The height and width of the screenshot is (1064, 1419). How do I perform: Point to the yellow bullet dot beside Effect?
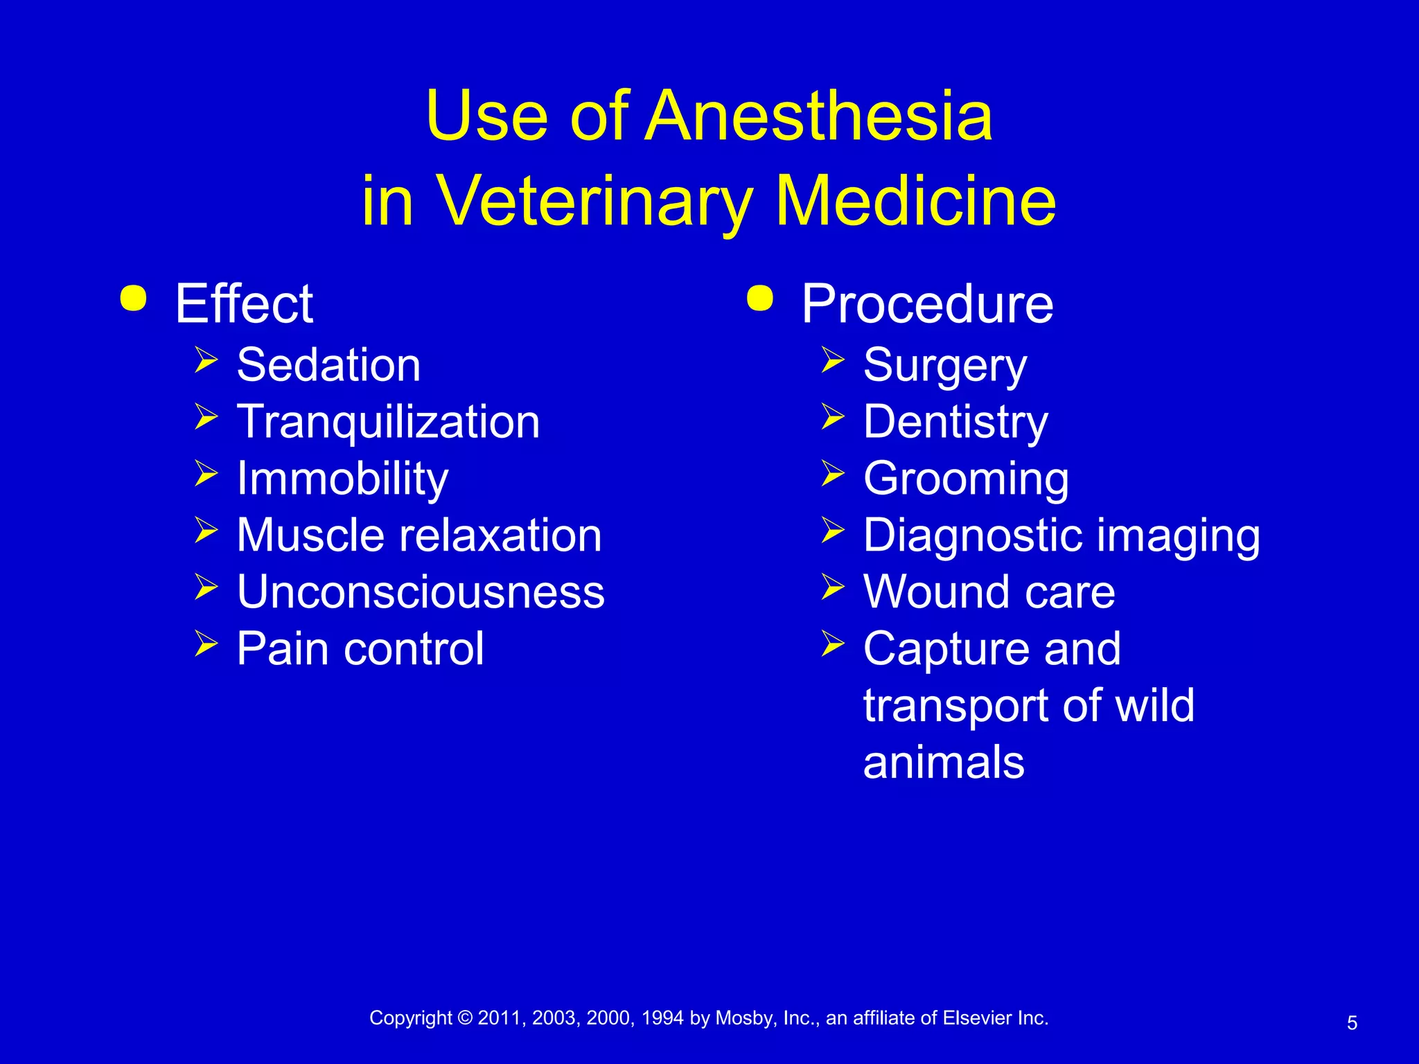click(x=133, y=299)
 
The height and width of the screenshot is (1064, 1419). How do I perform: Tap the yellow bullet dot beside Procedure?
click(x=760, y=299)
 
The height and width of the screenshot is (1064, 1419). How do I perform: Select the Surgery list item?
click(x=945, y=366)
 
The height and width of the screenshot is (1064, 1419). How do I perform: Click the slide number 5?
click(x=1352, y=1023)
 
